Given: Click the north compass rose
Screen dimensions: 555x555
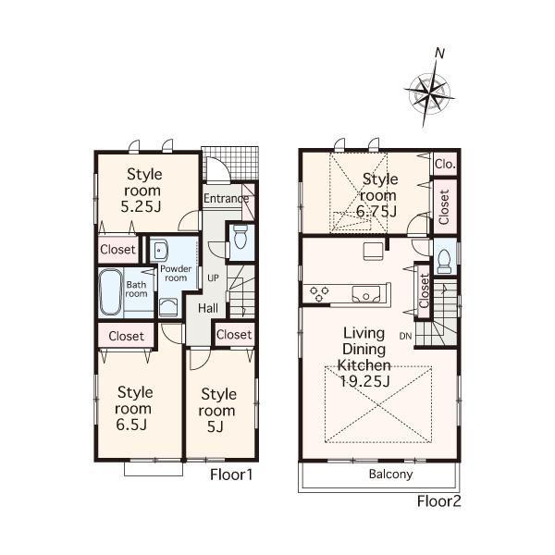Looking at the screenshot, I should click(x=428, y=91).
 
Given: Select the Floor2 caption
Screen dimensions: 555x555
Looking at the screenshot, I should click(x=438, y=501).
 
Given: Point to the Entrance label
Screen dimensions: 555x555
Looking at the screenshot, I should click(x=226, y=198).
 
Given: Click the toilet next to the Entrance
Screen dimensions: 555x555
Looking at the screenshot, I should click(x=240, y=238).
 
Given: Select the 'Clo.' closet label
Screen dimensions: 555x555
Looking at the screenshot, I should click(x=445, y=164).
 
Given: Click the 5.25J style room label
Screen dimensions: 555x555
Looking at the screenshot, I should click(x=144, y=190).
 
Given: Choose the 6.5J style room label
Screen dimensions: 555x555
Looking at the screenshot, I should click(x=133, y=408).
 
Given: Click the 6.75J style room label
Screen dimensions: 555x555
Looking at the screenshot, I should click(x=379, y=195).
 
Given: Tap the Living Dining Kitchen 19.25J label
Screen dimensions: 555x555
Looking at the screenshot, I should click(x=370, y=355).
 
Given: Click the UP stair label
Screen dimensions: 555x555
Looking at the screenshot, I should click(x=212, y=277).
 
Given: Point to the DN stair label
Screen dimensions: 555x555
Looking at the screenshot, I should click(x=405, y=335).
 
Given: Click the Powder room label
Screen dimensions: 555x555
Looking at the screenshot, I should click(x=175, y=273).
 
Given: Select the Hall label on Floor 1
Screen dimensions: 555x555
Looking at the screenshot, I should click(x=208, y=308).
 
